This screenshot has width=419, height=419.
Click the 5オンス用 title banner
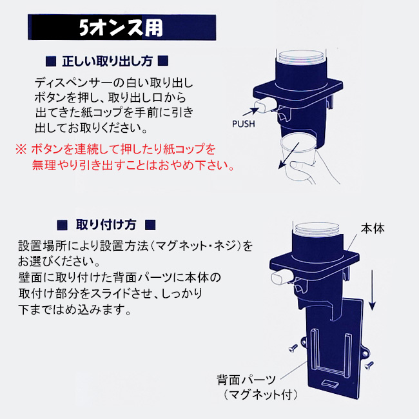[x=122, y=28]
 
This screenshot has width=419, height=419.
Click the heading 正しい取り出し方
[x=107, y=61]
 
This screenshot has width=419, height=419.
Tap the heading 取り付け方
[x=106, y=225]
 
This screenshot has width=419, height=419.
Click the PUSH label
[x=243, y=124]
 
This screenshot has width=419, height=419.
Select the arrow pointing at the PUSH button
[x=251, y=112]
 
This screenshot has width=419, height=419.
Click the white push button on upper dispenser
[x=265, y=104]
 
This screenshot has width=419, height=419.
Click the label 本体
[x=373, y=229]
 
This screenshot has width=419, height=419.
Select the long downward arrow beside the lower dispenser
[x=372, y=290]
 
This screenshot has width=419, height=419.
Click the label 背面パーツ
[x=246, y=380]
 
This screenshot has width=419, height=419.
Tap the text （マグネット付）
[x=260, y=395]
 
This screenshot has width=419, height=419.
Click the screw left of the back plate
[x=293, y=348]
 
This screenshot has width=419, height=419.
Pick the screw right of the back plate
[x=369, y=365]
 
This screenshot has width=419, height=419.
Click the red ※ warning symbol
[x=21, y=149]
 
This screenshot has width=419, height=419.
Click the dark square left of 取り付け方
[x=63, y=225]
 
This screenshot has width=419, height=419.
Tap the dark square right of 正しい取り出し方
[x=163, y=61]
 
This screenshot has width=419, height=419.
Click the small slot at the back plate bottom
[x=330, y=384]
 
